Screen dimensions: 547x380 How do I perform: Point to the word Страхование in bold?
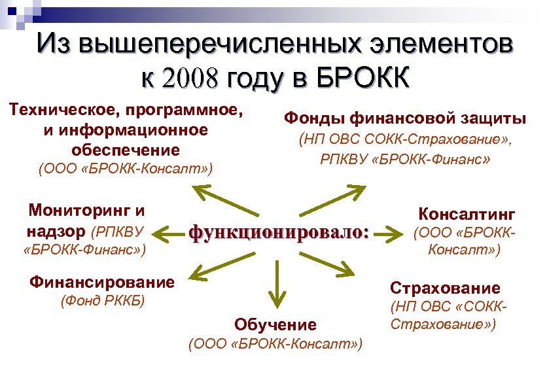tap(445, 288)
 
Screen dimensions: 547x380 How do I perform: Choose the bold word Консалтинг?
tap(467, 214)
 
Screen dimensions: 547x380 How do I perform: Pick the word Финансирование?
tap(102, 283)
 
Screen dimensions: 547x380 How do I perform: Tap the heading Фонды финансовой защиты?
tap(404, 118)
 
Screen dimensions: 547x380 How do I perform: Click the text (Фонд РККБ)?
tap(102, 302)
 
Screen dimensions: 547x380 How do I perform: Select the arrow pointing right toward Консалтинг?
tap(392, 232)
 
